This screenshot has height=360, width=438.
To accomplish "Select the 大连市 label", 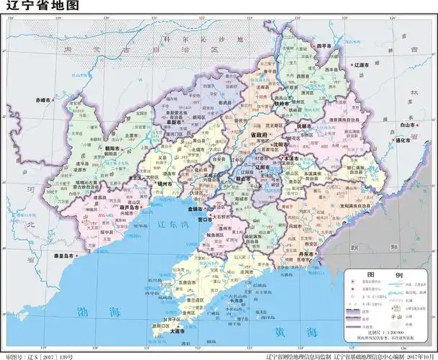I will coord(177,333).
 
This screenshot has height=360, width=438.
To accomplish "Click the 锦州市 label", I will coord(165,183).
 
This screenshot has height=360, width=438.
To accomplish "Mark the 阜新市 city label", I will coord(173,122).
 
